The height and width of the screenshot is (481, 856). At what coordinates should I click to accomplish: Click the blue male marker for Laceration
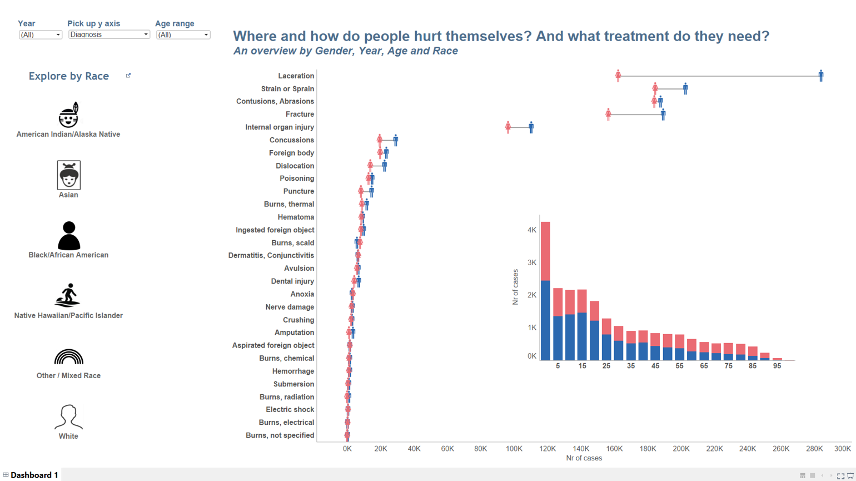click(x=821, y=76)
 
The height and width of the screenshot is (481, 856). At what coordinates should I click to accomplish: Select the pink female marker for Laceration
click(x=618, y=76)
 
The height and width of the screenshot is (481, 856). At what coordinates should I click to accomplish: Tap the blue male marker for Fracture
click(x=663, y=115)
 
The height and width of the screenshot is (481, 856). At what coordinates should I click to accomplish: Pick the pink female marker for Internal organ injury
click(x=508, y=127)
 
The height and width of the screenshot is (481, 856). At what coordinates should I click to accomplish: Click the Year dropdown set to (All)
click(x=40, y=34)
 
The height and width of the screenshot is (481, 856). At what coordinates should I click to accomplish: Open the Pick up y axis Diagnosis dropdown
click(x=109, y=34)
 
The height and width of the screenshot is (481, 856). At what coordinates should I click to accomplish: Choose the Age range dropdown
click(x=183, y=34)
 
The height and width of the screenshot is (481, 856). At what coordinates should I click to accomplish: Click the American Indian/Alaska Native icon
click(x=68, y=115)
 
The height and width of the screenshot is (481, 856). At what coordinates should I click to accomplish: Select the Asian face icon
click(x=68, y=175)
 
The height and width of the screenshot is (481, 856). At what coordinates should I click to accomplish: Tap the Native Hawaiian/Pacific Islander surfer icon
click(x=68, y=295)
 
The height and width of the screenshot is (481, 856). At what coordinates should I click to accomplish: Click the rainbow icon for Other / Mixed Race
click(x=68, y=357)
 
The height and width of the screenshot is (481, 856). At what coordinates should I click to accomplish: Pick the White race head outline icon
click(x=68, y=417)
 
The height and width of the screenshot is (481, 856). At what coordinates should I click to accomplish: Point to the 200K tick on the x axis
click(x=681, y=449)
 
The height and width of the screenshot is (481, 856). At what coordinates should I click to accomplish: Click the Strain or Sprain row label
click(x=287, y=89)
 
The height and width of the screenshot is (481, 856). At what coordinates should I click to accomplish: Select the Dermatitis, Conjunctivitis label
click(x=271, y=256)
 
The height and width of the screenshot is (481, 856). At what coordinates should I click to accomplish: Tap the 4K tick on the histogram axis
click(x=532, y=230)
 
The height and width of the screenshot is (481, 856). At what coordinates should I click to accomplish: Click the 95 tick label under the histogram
click(x=777, y=366)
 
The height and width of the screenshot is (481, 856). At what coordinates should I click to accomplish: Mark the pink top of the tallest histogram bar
click(x=545, y=251)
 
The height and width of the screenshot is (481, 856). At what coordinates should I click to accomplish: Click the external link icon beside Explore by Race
click(x=128, y=76)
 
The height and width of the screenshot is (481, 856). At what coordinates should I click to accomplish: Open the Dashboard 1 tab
click(x=34, y=475)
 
